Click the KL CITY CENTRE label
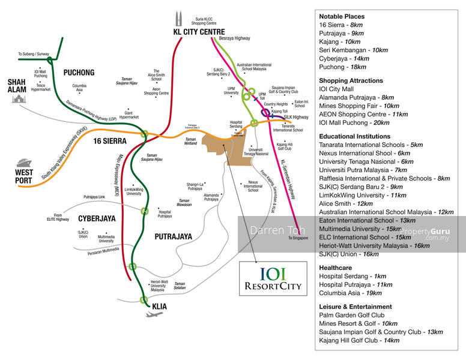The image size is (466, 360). coord(190,32)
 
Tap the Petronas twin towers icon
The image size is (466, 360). coord(178,19)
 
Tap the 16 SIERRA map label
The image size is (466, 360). coord(110,142)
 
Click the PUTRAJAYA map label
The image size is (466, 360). coord(173,236)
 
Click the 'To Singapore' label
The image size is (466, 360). coord(298,238)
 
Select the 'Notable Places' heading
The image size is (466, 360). coord(342,16)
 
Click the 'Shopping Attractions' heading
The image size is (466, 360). coord(351,80)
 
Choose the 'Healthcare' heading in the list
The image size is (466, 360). coord(336,267)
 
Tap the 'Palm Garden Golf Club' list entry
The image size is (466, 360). coord(352,315)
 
